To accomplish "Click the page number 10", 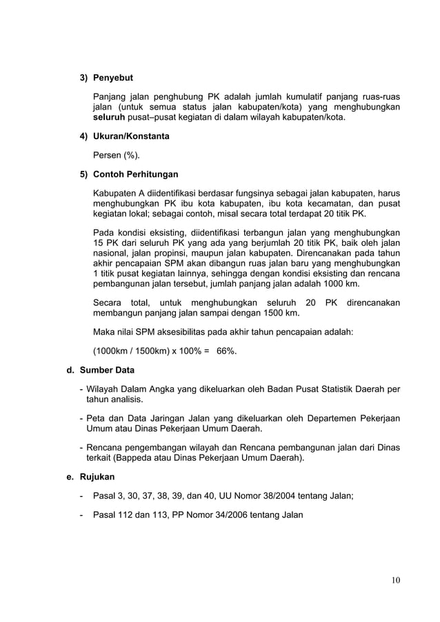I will pyautogui.click(x=395, y=579).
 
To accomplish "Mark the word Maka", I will pyautogui.click(x=104, y=332).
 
